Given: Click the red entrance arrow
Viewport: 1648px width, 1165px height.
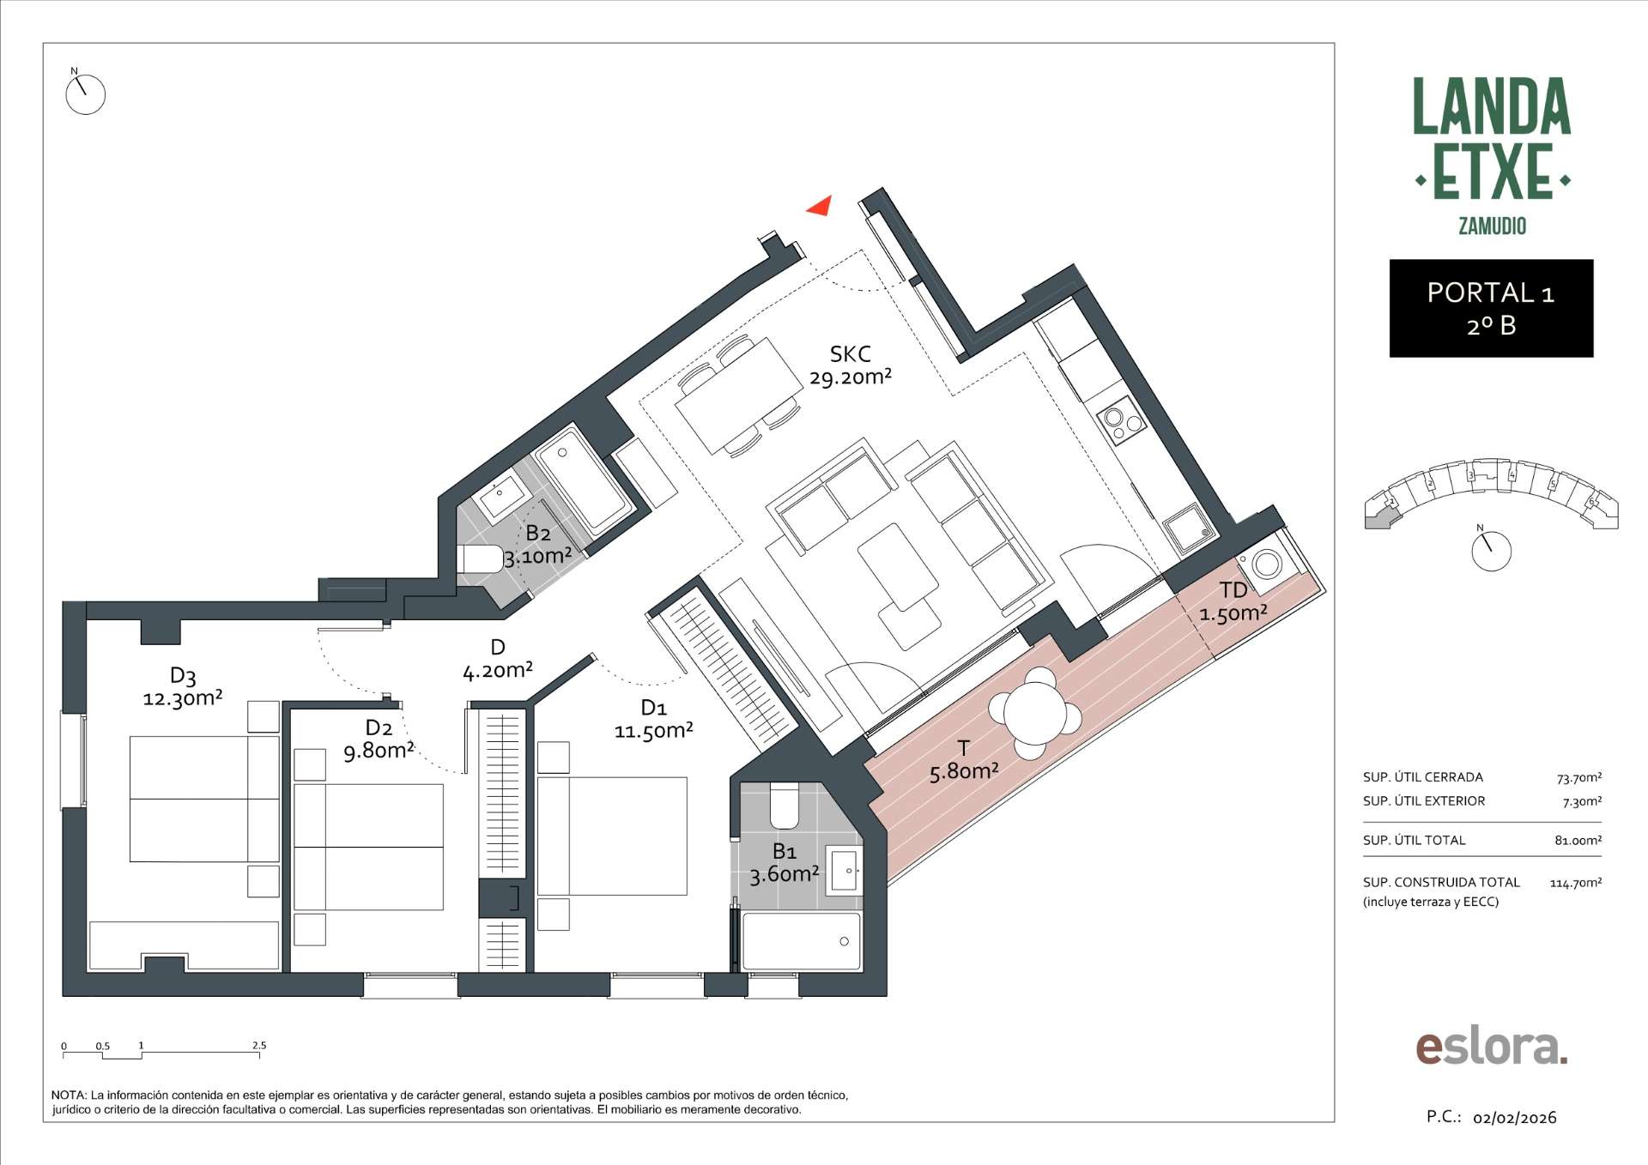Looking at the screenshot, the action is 821,206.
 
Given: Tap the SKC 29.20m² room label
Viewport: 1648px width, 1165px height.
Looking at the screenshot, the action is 851,365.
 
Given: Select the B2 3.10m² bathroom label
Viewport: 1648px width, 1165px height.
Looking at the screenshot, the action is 537,545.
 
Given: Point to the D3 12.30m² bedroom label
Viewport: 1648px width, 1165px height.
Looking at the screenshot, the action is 183,687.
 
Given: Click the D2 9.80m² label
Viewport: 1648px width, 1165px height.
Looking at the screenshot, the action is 379,739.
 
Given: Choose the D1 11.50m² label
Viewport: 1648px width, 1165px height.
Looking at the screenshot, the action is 653,719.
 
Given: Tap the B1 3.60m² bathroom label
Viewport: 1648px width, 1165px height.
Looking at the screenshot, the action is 785,862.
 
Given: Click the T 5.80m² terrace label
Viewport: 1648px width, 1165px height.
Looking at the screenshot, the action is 964,760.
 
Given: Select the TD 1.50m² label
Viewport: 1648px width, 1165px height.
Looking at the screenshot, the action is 1233,601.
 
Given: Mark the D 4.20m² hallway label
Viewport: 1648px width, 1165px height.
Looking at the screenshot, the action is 498,659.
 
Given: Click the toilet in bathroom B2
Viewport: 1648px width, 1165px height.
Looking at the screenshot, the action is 481,559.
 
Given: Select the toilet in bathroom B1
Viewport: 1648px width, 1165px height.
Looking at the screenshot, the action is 785,803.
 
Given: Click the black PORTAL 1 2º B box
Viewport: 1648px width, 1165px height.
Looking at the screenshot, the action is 1491,308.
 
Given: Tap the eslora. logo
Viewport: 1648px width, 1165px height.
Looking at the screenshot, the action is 1492,1047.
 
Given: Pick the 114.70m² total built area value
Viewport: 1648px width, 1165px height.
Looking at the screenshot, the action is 1575,882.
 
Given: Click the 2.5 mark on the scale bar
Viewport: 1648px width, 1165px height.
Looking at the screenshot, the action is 259,1046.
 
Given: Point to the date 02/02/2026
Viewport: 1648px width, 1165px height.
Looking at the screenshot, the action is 1514,1118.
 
